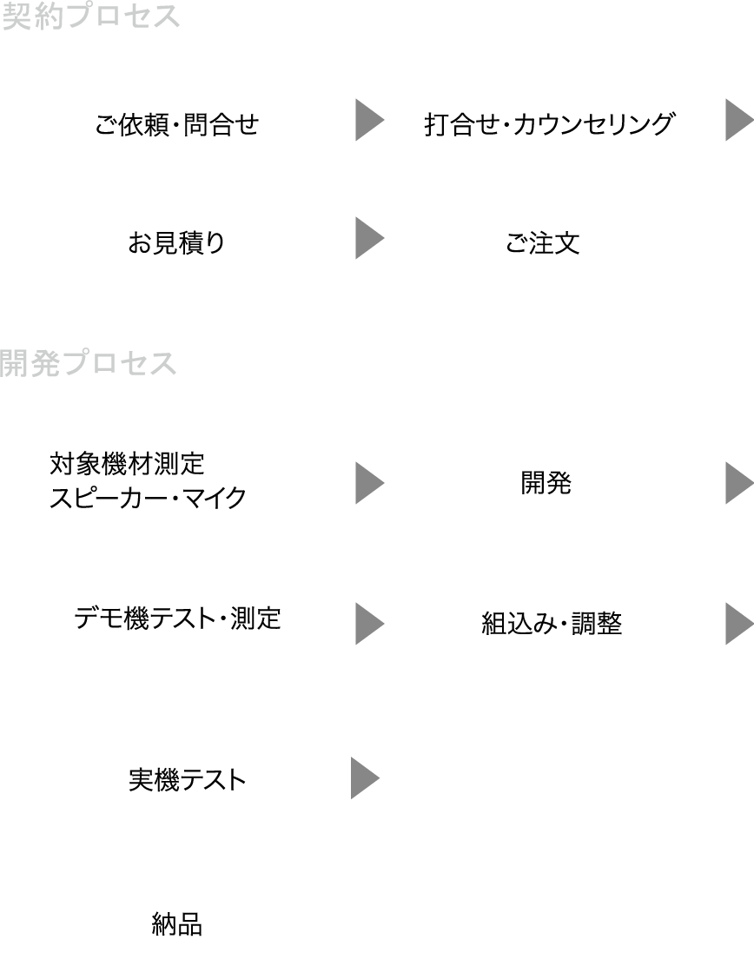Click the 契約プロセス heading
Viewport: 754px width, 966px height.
[91, 17]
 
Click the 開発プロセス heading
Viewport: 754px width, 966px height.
[89, 363]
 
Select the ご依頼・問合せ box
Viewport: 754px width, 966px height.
[176, 122]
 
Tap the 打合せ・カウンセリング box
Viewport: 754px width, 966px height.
[553, 122]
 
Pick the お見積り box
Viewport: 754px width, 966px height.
[176, 240]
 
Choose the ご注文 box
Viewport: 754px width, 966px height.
[553, 240]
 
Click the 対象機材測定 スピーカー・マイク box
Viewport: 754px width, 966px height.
[177, 479]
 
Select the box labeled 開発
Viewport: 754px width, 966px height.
[551, 479]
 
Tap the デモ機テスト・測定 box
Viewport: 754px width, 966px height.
[177, 619]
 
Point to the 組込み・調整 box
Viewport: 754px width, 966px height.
[551, 619]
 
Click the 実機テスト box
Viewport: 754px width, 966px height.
[176, 777]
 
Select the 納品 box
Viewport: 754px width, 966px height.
[176, 920]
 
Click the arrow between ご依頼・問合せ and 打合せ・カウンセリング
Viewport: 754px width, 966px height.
[368, 121]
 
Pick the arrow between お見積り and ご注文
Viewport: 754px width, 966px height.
[368, 239]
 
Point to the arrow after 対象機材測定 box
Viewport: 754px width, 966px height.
[368, 483]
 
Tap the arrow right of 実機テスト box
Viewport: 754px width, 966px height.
[365, 777]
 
